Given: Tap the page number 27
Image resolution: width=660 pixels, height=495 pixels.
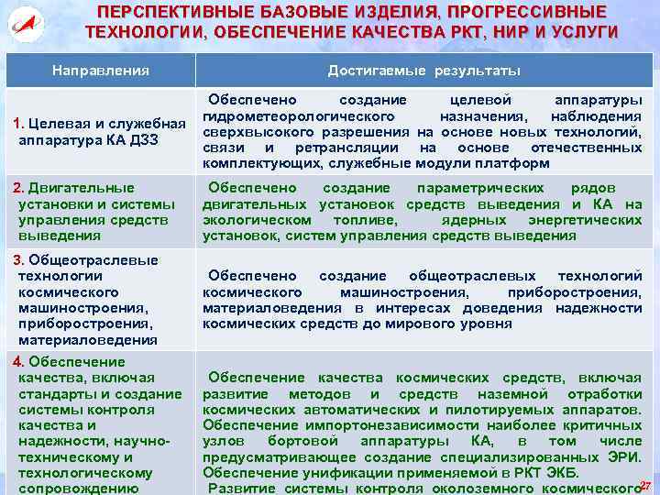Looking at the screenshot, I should (x=645, y=485).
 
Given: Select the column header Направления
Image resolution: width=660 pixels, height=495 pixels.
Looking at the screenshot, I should (x=101, y=71).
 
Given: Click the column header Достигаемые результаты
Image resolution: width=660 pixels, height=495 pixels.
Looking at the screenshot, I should (x=424, y=71).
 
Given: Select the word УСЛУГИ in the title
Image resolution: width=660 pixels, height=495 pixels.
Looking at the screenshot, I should (x=587, y=32).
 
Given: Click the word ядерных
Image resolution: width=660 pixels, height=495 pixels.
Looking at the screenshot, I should (x=470, y=220).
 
